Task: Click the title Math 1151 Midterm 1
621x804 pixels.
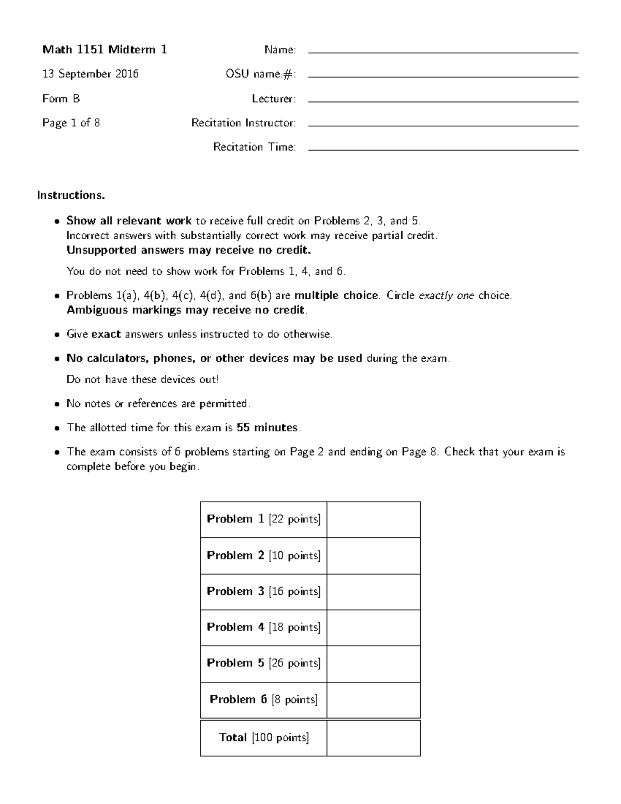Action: (105, 50)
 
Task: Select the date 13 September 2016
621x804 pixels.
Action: (91, 74)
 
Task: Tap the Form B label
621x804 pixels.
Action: (61, 98)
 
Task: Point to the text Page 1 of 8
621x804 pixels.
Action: (71, 123)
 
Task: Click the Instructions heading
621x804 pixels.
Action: (71, 195)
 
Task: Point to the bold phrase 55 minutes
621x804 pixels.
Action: (267, 428)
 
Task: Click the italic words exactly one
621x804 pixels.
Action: (446, 296)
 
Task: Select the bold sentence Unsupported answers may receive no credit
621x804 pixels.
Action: (189, 251)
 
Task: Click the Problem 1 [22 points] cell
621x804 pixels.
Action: (263, 519)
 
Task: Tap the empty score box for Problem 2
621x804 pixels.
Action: (373, 556)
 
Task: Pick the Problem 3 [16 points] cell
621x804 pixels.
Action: (263, 591)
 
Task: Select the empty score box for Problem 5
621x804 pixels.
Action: (373, 663)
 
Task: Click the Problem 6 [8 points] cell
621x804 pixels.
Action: (263, 699)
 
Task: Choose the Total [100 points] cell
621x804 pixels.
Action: (263, 738)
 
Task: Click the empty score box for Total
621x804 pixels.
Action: (373, 738)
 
